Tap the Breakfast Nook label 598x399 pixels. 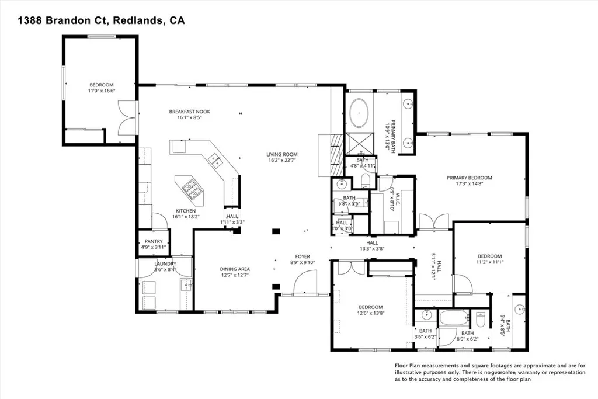(189, 112)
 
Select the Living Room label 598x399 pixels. (283, 154)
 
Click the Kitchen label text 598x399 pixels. (186, 211)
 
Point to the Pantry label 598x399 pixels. (154, 241)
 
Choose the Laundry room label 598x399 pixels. (165, 263)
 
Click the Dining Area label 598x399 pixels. (235, 269)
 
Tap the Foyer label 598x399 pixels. (303, 256)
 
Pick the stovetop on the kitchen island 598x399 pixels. (190, 187)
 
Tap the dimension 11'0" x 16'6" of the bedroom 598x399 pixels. (101, 91)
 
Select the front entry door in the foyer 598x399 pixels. (304, 286)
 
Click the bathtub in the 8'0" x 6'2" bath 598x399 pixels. (454, 320)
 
